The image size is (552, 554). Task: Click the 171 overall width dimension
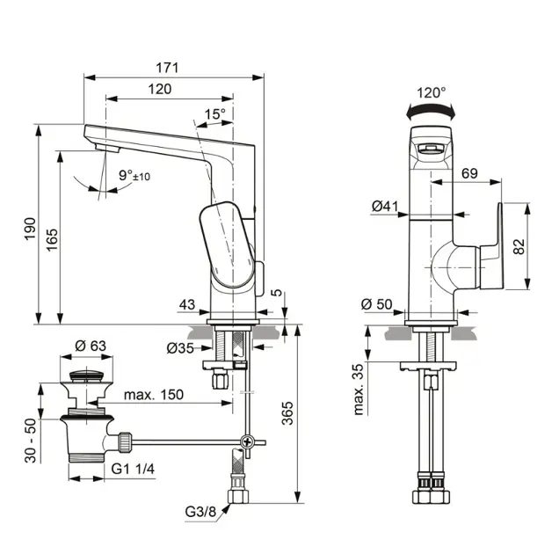pyautogui.click(x=167, y=68)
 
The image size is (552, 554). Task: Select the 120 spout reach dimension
pyautogui.click(x=160, y=89)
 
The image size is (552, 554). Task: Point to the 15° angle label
pyautogui.click(x=214, y=113)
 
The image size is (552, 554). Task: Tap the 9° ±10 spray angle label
pyautogui.click(x=134, y=175)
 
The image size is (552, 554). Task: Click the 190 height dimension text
pyautogui.click(x=30, y=229)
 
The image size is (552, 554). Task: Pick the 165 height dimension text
pyautogui.click(x=52, y=240)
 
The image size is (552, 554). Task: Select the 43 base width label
pyautogui.click(x=187, y=304)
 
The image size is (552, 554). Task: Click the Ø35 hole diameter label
pyautogui.click(x=180, y=348)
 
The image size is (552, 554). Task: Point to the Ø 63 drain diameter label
pyautogui.click(x=91, y=346)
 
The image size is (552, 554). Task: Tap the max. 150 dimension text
pyautogui.click(x=154, y=394)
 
